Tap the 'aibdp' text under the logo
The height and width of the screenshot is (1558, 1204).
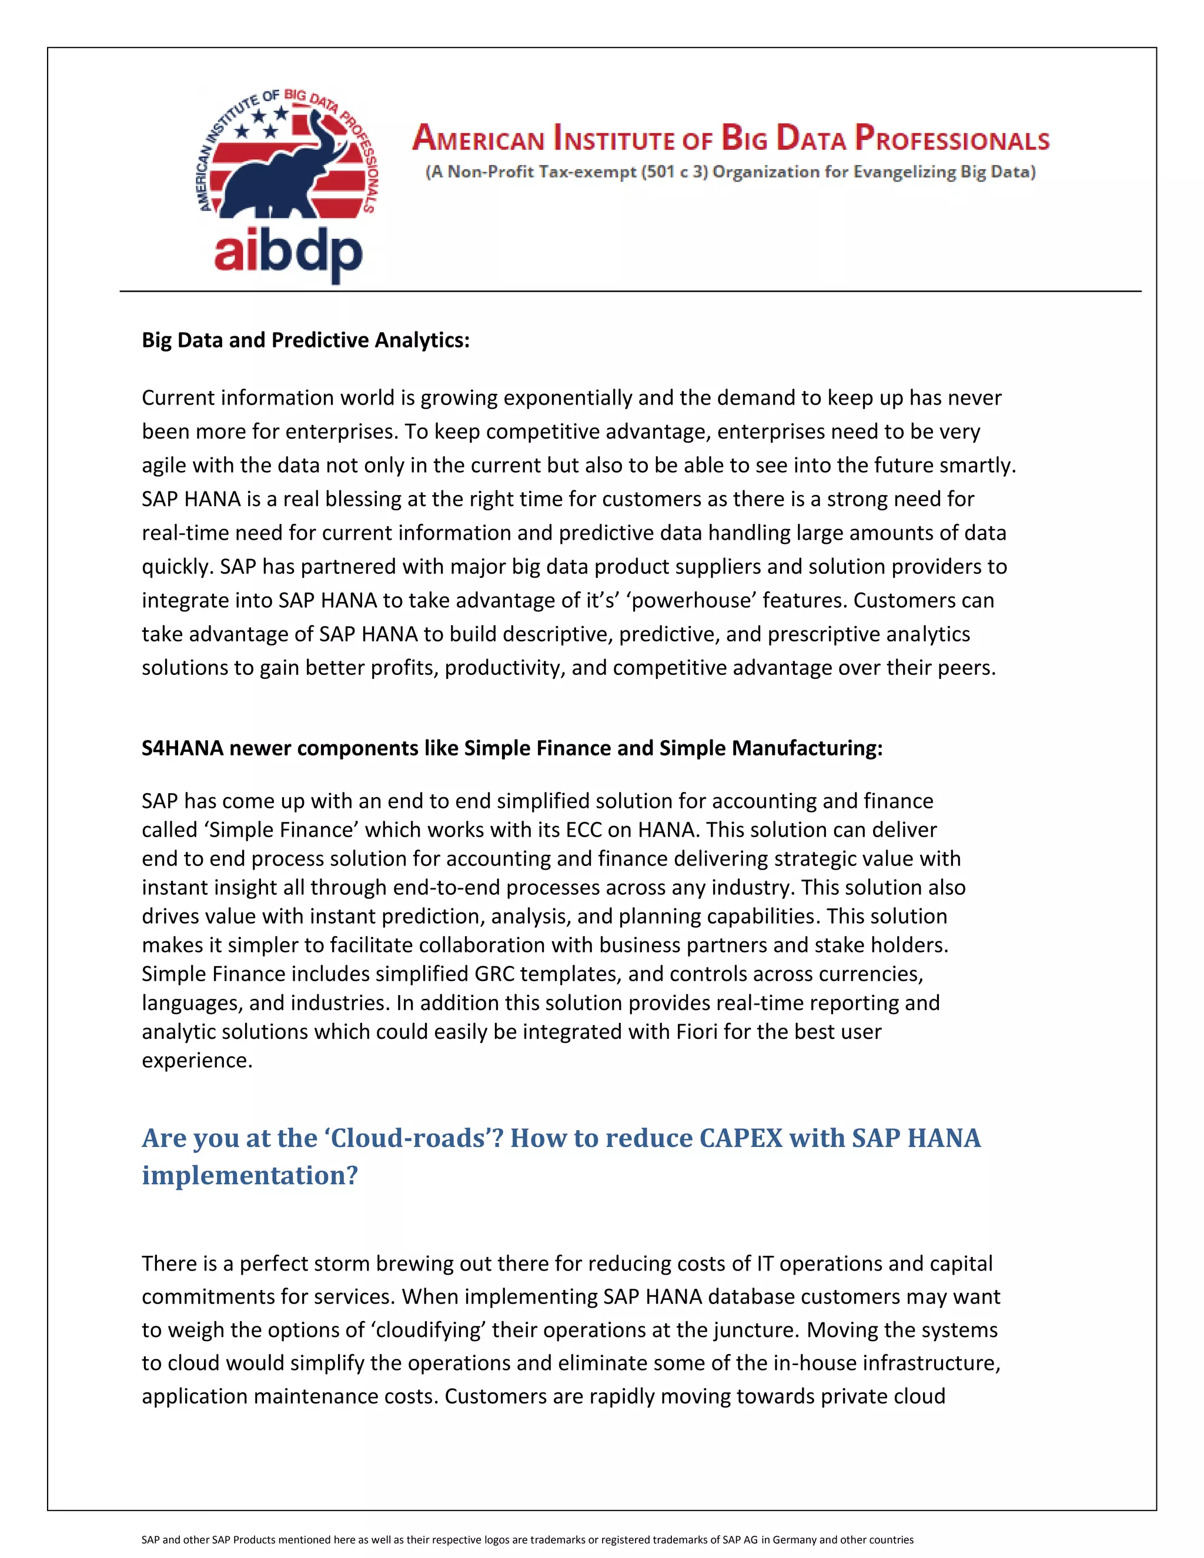coord(288,253)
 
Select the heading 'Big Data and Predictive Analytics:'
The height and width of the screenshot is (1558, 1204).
coord(305,340)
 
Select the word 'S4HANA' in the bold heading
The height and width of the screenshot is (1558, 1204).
coord(183,748)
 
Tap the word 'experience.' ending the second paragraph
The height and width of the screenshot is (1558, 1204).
coord(197,1061)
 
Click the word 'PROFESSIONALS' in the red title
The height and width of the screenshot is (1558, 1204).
coord(952,138)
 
